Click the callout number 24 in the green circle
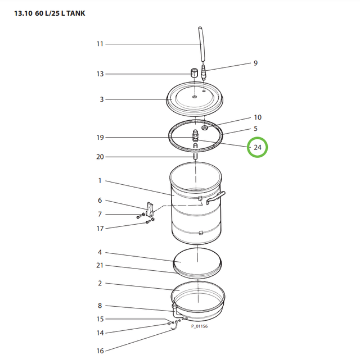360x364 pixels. (258, 147)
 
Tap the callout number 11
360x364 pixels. (100, 44)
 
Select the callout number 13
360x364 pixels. (100, 74)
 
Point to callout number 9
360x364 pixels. (255, 63)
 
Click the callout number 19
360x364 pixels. (100, 138)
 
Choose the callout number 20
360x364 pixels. (100, 157)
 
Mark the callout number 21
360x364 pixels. (100, 265)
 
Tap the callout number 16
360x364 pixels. (100, 351)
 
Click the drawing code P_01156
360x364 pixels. (199, 326)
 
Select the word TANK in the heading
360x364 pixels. (76, 13)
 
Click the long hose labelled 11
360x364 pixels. (201, 44)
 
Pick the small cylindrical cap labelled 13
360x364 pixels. (194, 73)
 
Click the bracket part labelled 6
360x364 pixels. (150, 209)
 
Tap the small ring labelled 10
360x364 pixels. (205, 128)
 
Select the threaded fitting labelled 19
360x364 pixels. (195, 135)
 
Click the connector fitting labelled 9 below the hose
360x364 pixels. (204, 72)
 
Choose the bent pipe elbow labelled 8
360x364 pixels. (177, 311)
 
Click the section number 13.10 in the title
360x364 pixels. (23, 13)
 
